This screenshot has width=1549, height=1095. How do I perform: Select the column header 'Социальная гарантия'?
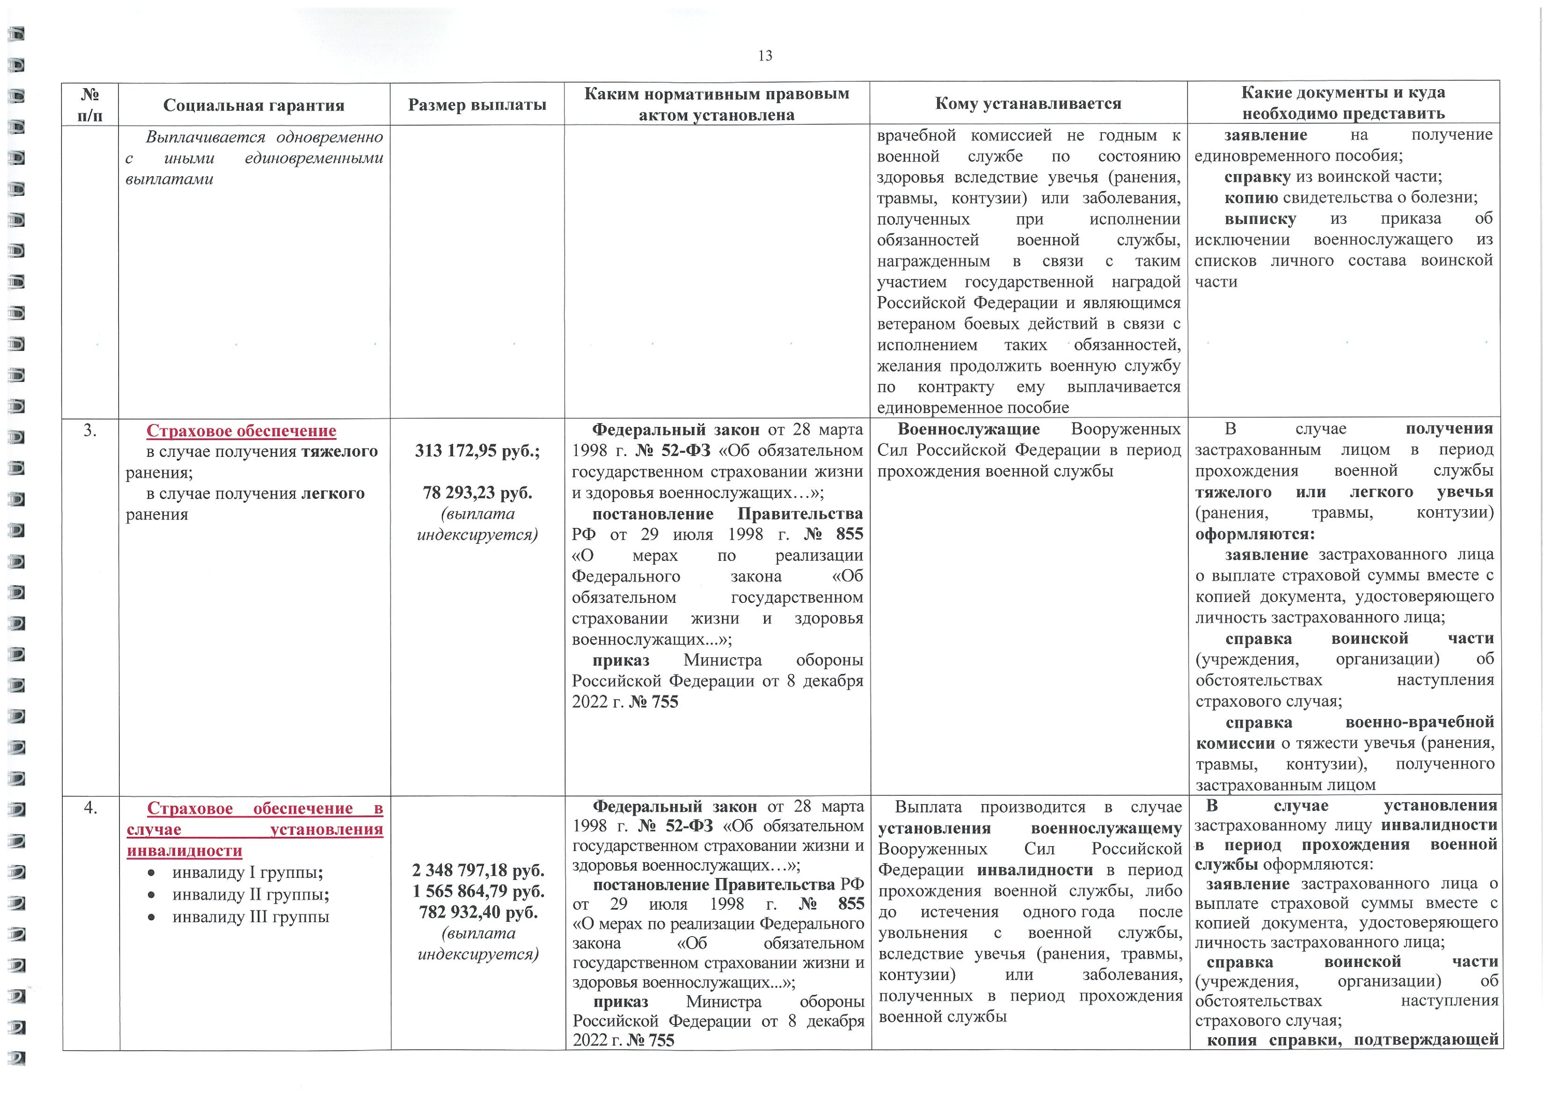pyautogui.click(x=254, y=105)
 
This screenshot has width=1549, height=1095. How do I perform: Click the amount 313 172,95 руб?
pyautogui.click(x=477, y=451)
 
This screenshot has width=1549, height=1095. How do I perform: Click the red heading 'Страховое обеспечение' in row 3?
pyautogui.click(x=241, y=431)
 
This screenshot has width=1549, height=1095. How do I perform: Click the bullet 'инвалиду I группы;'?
pyautogui.click(x=247, y=872)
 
